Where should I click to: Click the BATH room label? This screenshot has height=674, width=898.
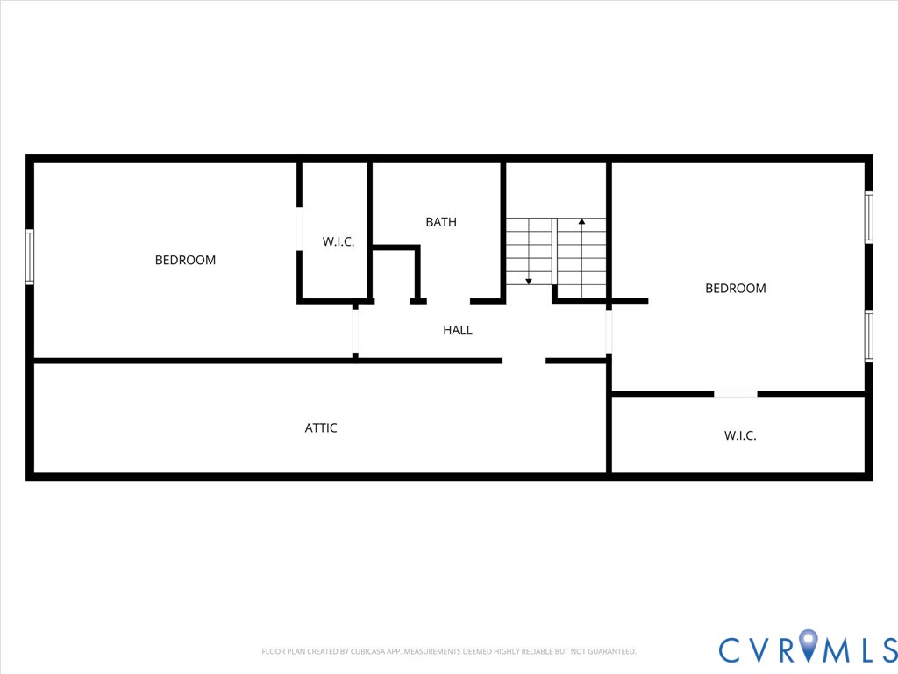point(441,222)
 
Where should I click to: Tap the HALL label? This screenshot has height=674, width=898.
point(458,330)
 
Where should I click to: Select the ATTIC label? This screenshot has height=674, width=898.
point(321,428)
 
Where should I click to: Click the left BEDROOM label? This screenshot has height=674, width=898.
point(185,260)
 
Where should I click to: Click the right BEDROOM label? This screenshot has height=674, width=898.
point(736,288)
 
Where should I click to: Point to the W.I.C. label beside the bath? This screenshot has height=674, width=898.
point(339,241)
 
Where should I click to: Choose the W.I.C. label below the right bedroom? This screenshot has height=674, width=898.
point(740,435)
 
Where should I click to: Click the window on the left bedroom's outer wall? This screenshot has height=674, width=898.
point(30,256)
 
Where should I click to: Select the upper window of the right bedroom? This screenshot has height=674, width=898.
point(868,217)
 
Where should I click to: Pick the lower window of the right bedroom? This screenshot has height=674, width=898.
point(868,335)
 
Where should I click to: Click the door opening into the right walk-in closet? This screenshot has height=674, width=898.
point(735,394)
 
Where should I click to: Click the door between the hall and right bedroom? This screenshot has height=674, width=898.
point(609,332)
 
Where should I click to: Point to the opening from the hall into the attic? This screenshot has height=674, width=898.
point(524,361)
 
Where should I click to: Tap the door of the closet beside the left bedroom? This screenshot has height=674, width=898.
point(299,229)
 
